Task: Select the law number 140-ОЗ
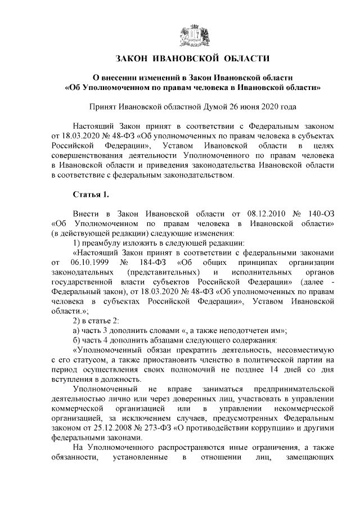[x=322, y=214]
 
